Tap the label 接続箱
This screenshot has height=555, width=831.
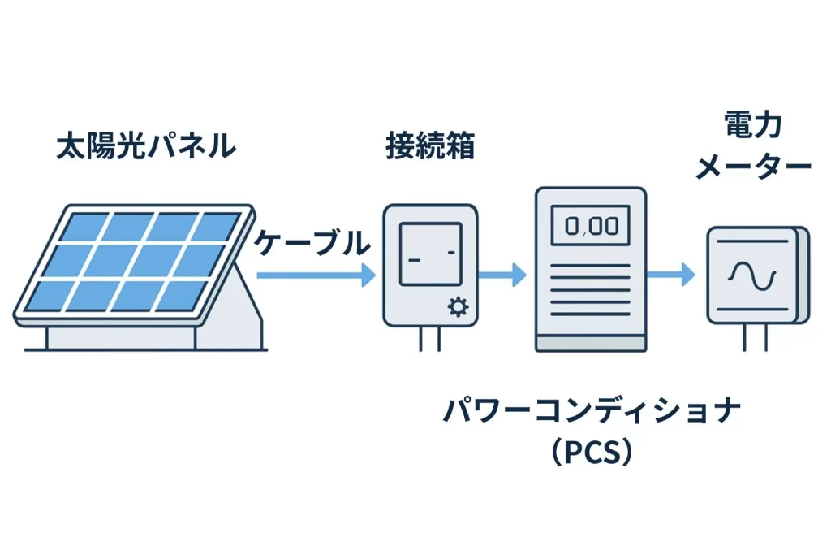pyautogui.click(x=429, y=148)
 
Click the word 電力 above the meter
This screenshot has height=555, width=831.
pyautogui.click(x=752, y=126)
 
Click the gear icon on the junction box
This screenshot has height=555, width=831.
pyautogui.click(x=459, y=307)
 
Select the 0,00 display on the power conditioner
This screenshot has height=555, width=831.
pyautogui.click(x=590, y=224)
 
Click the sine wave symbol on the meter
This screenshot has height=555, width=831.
pyautogui.click(x=752, y=275)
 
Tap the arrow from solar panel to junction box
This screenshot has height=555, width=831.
pyautogui.click(x=312, y=275)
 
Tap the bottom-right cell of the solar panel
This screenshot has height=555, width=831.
pyautogui.click(x=179, y=296)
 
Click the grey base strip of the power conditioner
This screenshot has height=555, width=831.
pyautogui.click(x=591, y=345)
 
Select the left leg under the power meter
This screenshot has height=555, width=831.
pyautogui.click(x=745, y=337)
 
